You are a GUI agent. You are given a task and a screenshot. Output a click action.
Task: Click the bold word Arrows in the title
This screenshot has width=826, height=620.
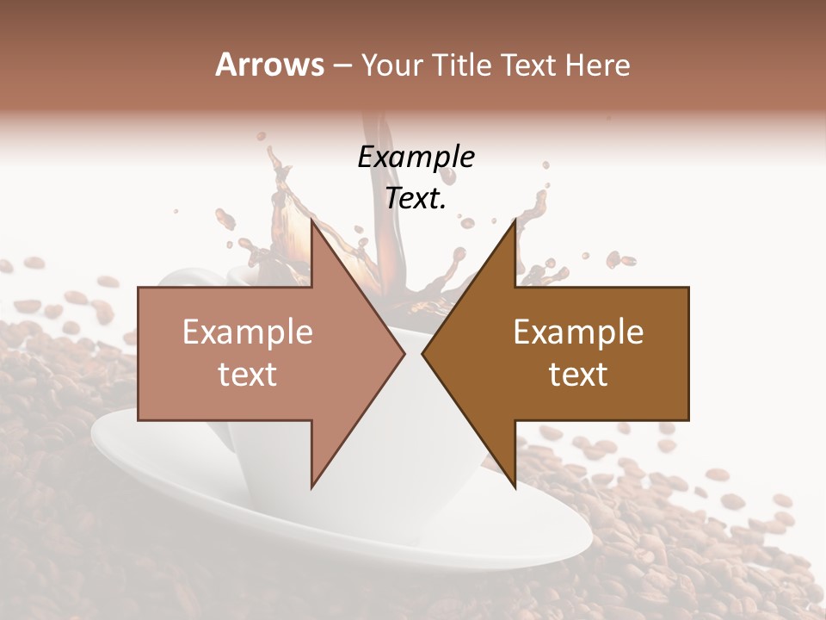(x=269, y=65)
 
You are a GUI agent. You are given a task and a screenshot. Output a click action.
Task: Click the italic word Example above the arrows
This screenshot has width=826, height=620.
(x=416, y=157)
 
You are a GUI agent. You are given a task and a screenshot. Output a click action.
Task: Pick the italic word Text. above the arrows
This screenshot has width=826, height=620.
(x=416, y=198)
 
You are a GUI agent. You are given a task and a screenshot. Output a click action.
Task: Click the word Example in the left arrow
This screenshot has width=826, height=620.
(x=248, y=332)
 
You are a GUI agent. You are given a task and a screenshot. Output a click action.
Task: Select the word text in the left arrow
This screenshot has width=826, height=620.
(x=248, y=375)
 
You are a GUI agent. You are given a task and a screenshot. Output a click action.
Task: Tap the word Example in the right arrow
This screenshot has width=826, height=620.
(x=578, y=332)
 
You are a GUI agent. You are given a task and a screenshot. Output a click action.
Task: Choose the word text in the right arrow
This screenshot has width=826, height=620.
(x=578, y=375)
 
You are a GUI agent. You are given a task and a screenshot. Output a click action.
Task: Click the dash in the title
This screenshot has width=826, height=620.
(x=342, y=65)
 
